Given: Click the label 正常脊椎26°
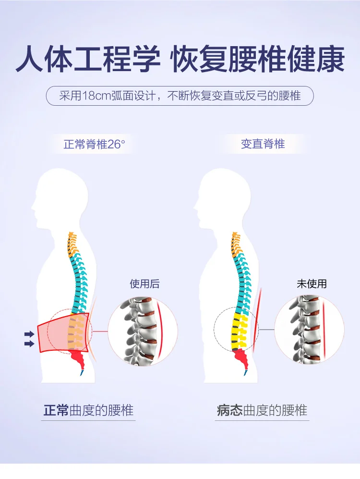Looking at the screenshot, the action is click(x=94, y=144).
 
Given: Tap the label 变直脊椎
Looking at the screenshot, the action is click(x=263, y=144).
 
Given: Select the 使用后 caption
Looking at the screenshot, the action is click(x=144, y=284).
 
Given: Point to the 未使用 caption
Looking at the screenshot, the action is click(x=312, y=284).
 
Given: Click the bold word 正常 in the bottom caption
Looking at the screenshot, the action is click(x=56, y=410).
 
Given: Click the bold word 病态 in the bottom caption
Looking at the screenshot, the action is click(x=230, y=410).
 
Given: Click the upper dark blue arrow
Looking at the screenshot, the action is click(x=29, y=334).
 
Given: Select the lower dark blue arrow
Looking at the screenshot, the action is click(x=29, y=344).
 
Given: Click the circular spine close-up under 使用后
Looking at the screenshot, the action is click(x=143, y=331).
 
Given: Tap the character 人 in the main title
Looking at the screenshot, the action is click(x=30, y=59).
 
